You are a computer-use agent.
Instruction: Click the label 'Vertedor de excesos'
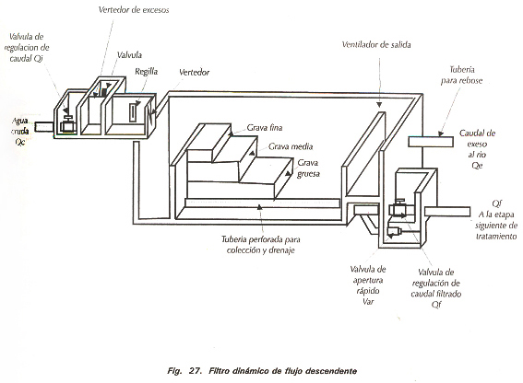pyautogui.click(x=134, y=9)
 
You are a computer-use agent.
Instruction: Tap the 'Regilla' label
pyautogui.click(x=147, y=72)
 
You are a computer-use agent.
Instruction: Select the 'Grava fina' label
pyautogui.click(x=265, y=128)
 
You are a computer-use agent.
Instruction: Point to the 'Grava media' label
pyautogui.click(x=291, y=146)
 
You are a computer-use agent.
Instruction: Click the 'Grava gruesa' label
pyautogui.click(x=308, y=168)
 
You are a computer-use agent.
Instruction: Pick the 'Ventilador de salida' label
pyautogui.click(x=376, y=44)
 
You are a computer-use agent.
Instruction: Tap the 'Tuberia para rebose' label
pyautogui.click(x=461, y=75)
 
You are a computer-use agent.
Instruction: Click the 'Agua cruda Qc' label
pyautogui.click(x=20, y=132)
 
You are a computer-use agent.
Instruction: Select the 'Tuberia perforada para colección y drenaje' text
pyautogui.click(x=261, y=245)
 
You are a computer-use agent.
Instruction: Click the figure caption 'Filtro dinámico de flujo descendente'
pyautogui.click(x=283, y=371)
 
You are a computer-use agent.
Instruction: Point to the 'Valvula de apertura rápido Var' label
pyautogui.click(x=368, y=285)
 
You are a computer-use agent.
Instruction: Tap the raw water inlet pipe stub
pyautogui.click(x=44, y=126)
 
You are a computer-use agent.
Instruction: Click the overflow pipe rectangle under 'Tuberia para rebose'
pyautogui.click(x=431, y=142)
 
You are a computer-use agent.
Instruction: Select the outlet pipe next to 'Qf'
pyautogui.click(x=447, y=212)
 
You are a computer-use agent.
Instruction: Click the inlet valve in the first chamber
pyautogui.click(x=68, y=124)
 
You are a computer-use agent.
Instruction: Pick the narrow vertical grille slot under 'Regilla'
pyautogui.click(x=132, y=112)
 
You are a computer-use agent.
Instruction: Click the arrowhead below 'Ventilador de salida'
pyautogui.click(x=379, y=105)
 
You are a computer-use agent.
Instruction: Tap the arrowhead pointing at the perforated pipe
pyautogui.click(x=259, y=207)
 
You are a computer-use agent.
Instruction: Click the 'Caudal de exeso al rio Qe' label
pyautogui.click(x=477, y=149)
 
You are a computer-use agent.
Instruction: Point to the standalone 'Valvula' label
pyautogui.click(x=129, y=54)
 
